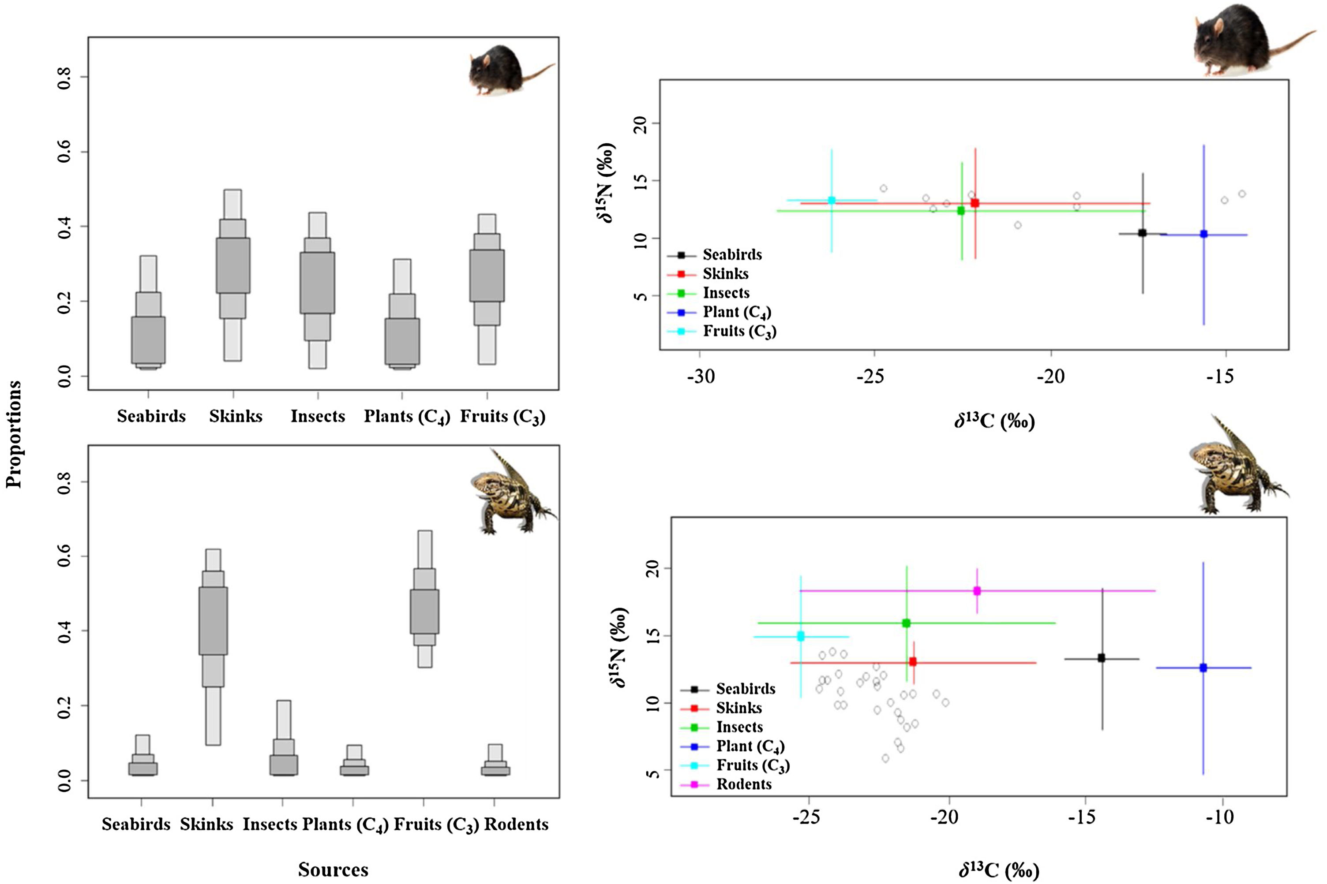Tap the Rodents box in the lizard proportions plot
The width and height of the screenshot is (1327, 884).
[x=495, y=770]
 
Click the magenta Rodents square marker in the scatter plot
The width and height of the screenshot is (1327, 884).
[x=977, y=591]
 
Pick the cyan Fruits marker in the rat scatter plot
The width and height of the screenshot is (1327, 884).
[x=831, y=200]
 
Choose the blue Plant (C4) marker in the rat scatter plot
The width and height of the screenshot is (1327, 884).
[x=1203, y=234]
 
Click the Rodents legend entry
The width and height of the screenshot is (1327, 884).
[x=743, y=784]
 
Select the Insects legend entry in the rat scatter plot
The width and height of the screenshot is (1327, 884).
[x=725, y=293]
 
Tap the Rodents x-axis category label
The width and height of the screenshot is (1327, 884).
[x=516, y=824]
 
